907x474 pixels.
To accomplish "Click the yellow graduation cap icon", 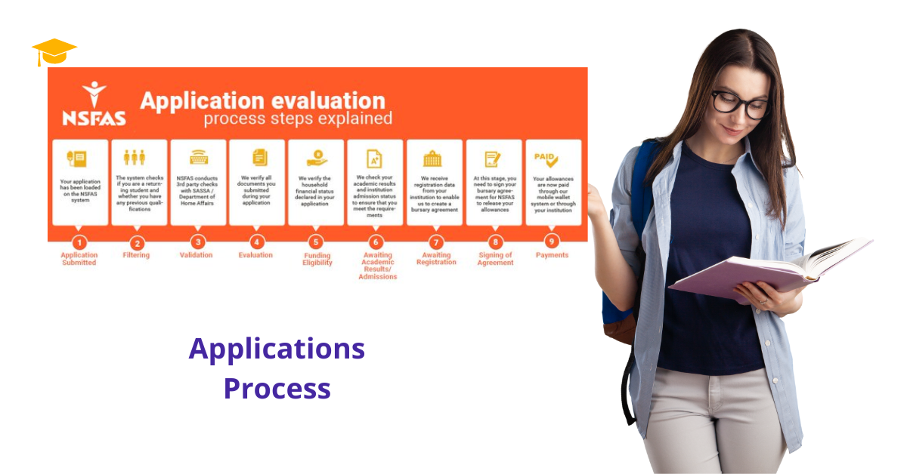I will click(x=54, y=52).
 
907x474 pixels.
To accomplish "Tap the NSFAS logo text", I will click(x=94, y=118).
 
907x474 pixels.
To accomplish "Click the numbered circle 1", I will click(x=79, y=242).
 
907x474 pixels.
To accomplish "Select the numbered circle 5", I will click(x=316, y=242).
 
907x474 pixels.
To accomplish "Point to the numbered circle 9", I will click(x=553, y=242).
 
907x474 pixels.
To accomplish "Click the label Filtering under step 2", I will click(x=136, y=255).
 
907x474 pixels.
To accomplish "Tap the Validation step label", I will click(x=197, y=255).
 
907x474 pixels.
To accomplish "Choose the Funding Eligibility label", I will click(x=317, y=259).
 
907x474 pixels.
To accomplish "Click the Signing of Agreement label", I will click(x=495, y=259).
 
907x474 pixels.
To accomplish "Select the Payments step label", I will click(x=552, y=255).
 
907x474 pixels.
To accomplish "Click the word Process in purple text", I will click(x=277, y=388).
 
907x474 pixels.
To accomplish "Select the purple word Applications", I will click(x=277, y=349).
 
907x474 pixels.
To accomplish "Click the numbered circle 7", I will click(x=435, y=242).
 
